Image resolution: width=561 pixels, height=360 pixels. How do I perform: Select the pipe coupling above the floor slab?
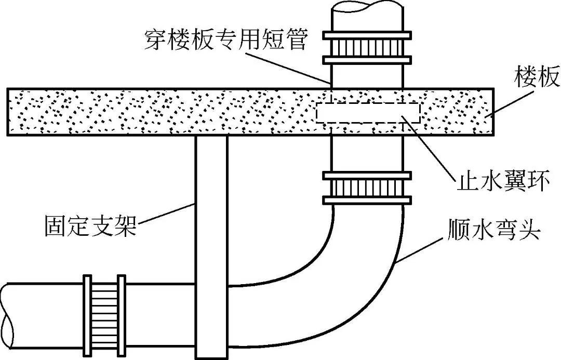coord(367,47)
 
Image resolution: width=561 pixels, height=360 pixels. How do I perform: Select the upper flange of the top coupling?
coord(367,35)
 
